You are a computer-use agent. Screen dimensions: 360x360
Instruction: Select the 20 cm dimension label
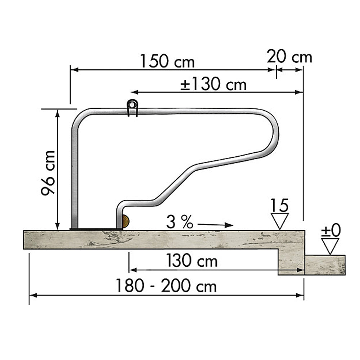289,57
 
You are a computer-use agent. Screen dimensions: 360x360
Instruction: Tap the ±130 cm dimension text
213,85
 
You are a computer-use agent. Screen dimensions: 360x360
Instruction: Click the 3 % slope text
179,223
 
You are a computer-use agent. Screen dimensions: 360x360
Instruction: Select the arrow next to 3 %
215,225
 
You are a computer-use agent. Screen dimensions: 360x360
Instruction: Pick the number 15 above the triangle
280,206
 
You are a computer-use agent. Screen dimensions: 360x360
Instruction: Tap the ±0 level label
330,231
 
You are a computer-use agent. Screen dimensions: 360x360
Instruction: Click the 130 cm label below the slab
192,261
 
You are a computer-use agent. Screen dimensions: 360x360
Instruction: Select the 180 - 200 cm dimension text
166,287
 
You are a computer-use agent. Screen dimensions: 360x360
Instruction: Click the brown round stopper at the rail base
125,221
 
